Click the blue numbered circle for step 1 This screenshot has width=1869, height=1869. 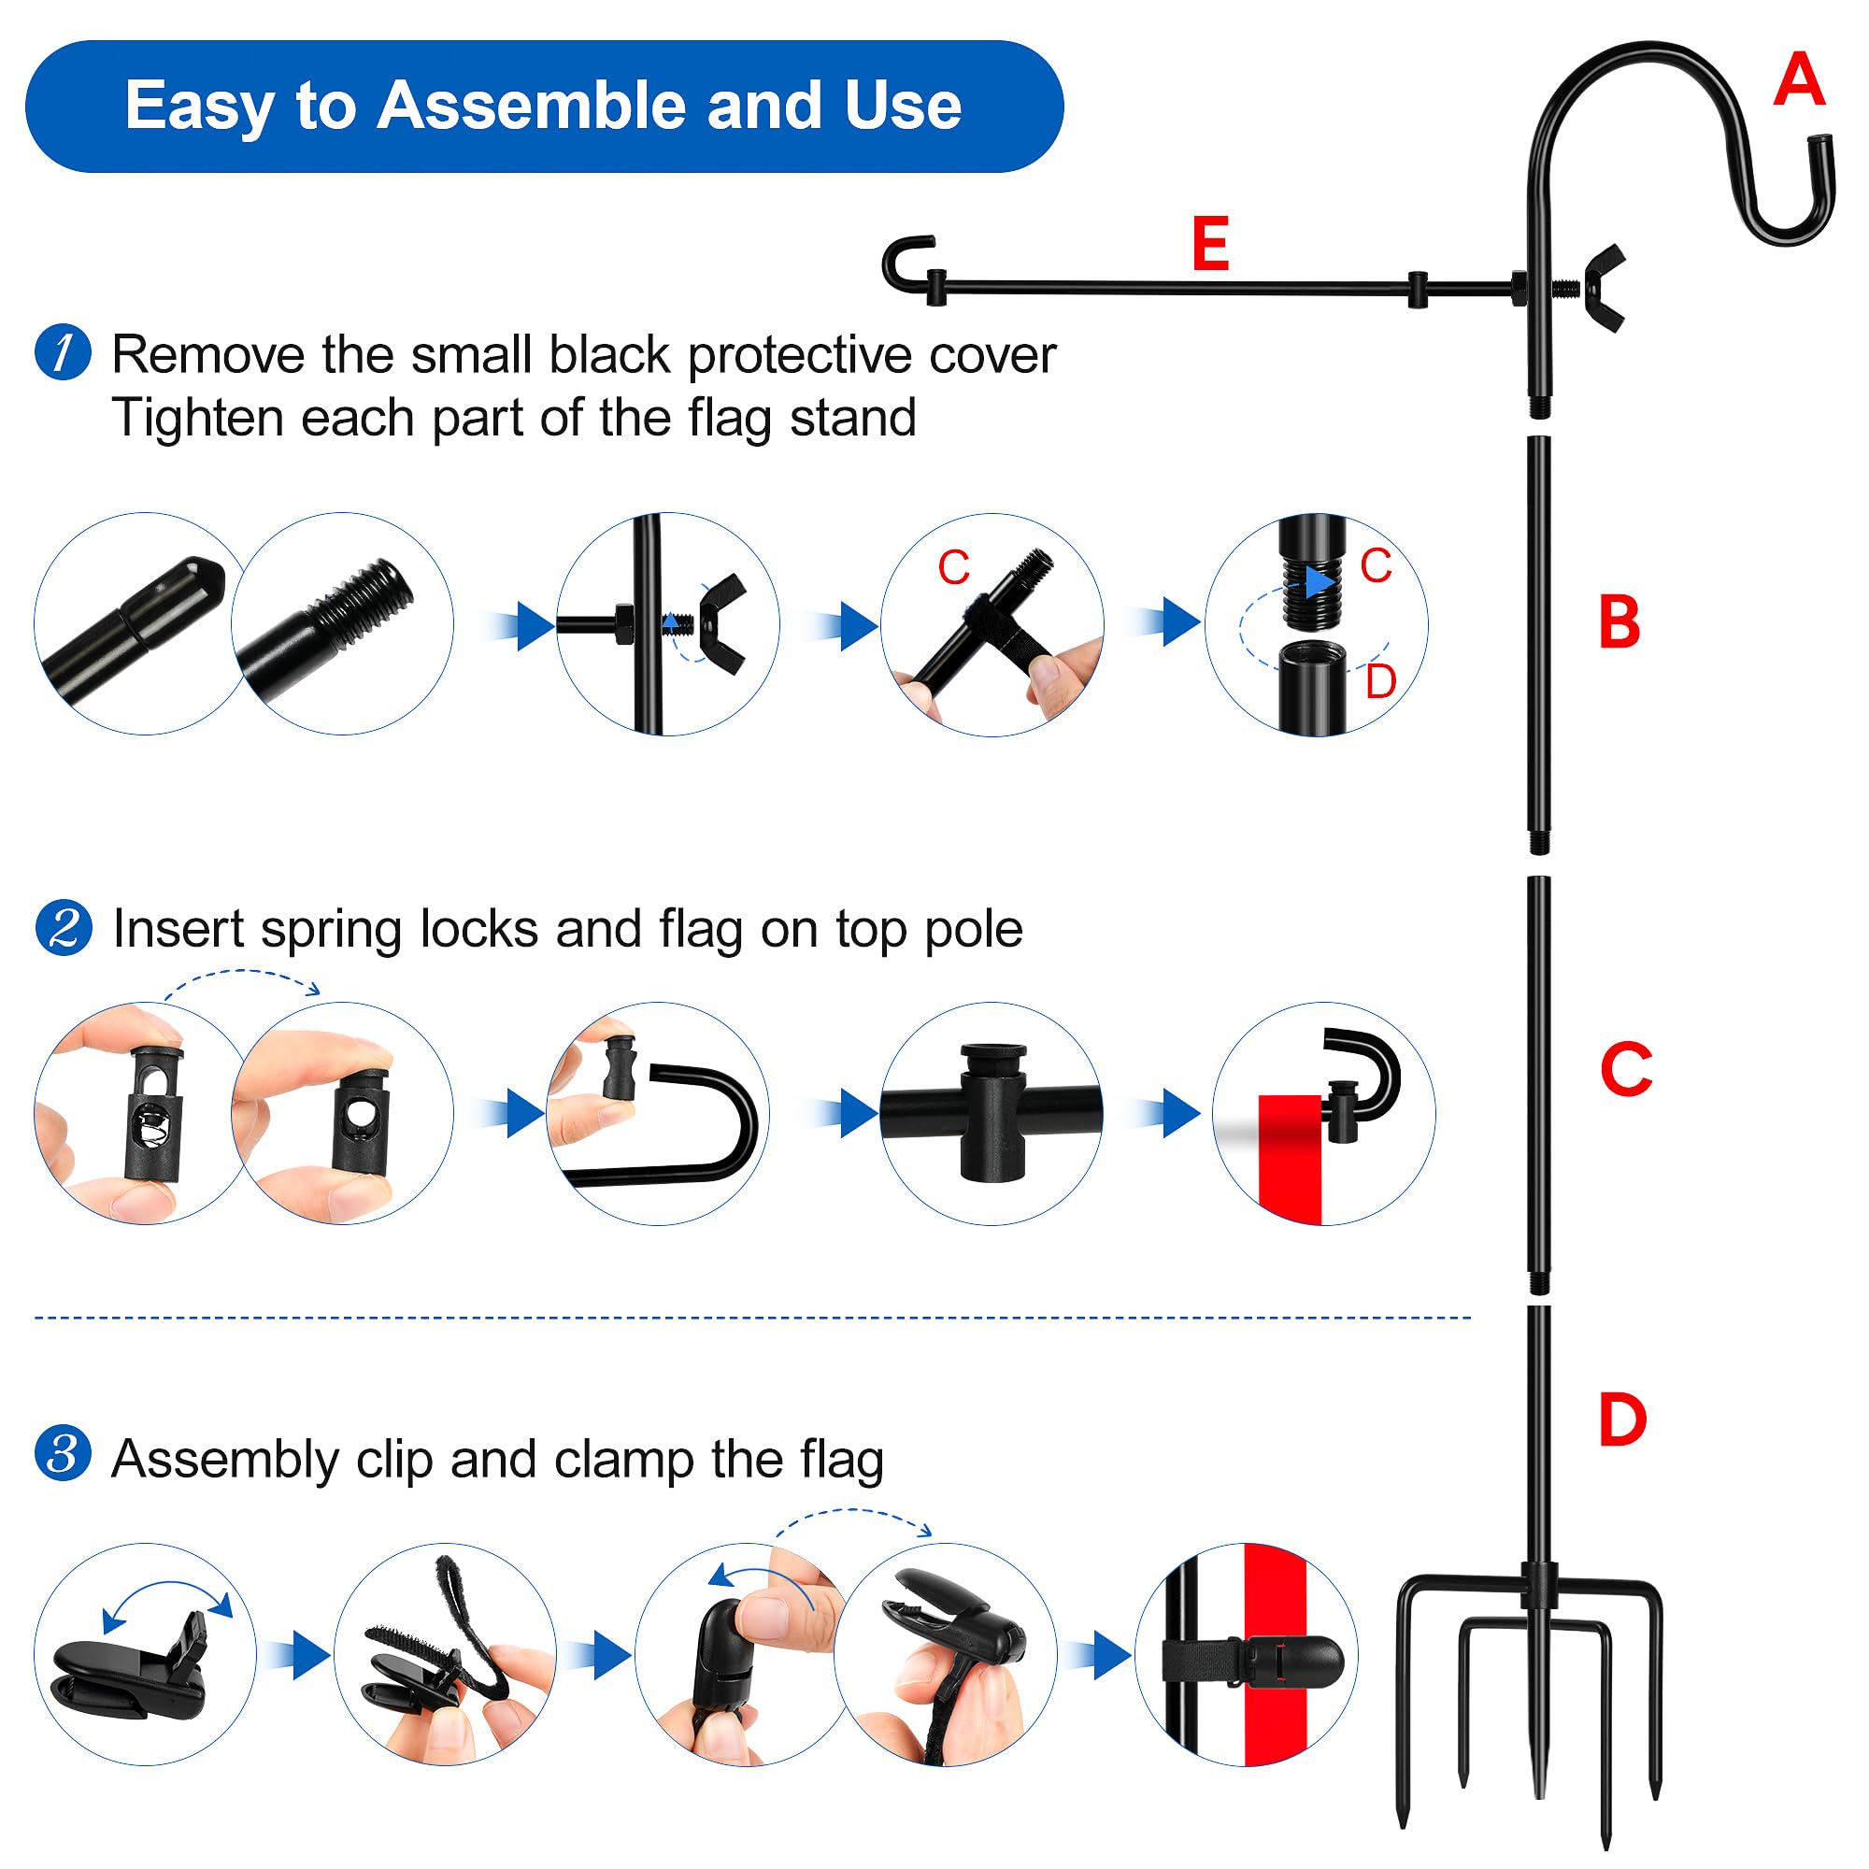click(x=63, y=352)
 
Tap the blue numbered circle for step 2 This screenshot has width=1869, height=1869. click(x=64, y=928)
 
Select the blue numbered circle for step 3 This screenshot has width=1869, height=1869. click(x=63, y=1453)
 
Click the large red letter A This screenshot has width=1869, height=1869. click(x=1798, y=79)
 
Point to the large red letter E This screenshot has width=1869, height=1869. click(x=1210, y=244)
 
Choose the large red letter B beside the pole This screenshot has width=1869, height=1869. click(x=1619, y=621)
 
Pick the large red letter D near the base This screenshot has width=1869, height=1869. click(x=1622, y=1420)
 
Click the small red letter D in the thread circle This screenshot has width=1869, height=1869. click(x=1380, y=682)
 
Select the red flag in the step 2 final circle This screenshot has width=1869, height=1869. click(x=1290, y=1160)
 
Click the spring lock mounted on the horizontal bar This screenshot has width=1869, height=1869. click(x=992, y=1112)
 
